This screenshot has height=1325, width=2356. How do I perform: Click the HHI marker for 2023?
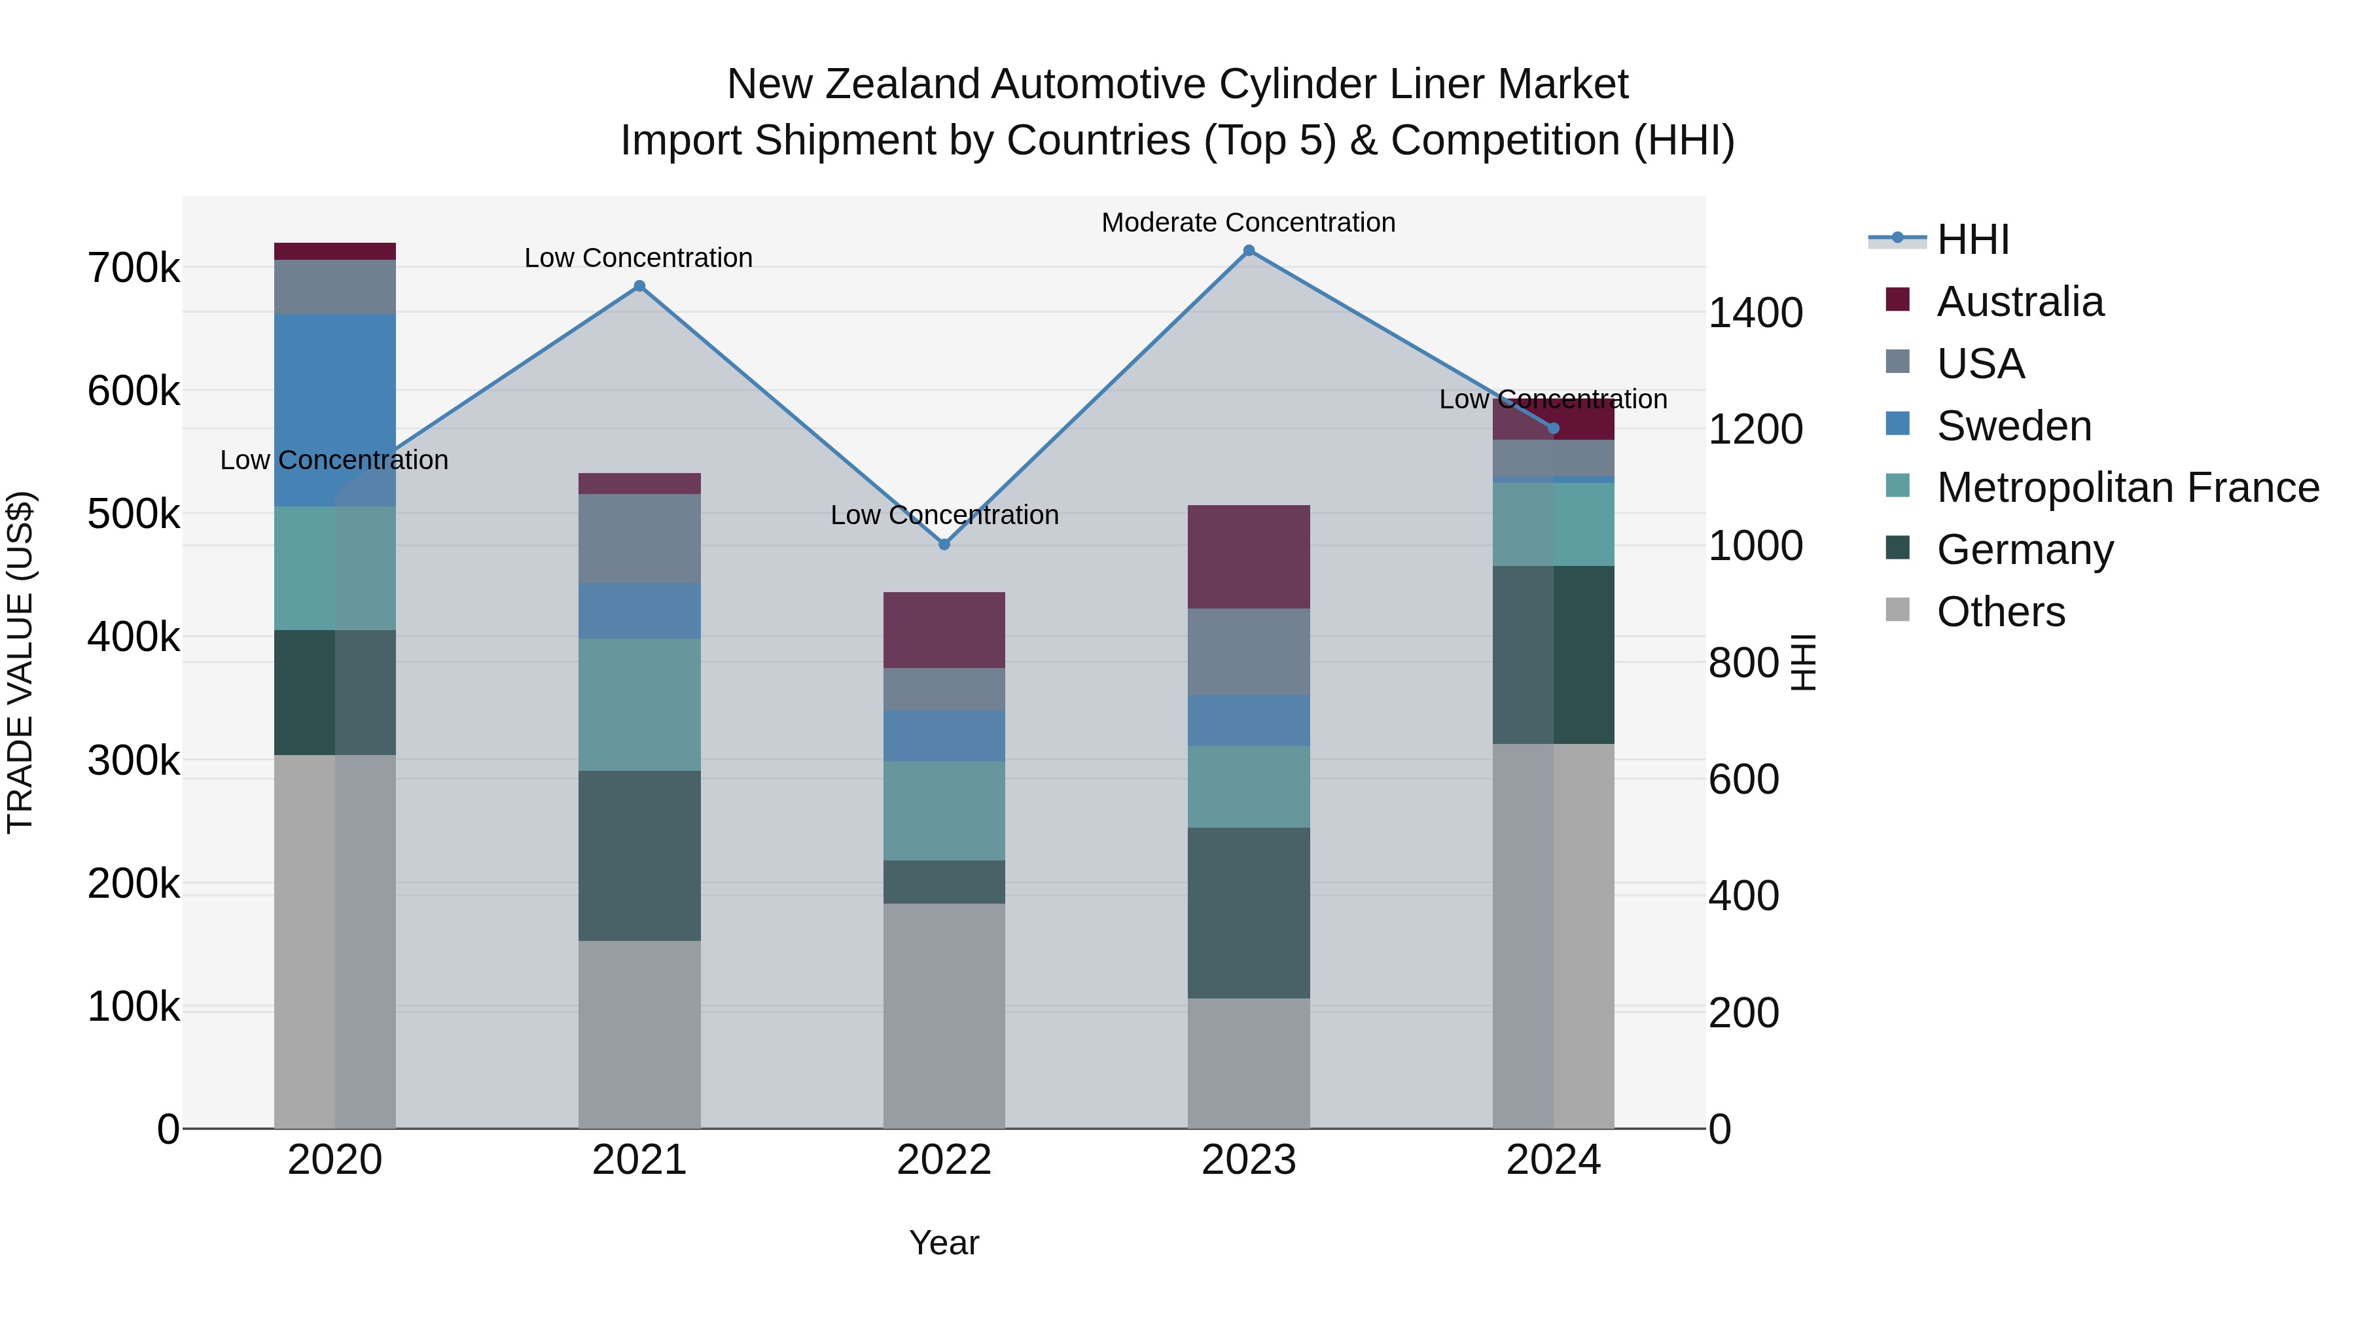(1249, 251)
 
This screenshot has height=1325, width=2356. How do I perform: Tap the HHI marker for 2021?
(639, 286)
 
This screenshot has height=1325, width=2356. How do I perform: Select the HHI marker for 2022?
(944, 544)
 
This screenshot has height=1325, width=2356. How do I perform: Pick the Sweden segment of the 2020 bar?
(334, 410)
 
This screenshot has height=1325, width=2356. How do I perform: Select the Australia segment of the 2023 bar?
(1249, 556)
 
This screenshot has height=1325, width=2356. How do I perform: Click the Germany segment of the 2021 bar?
(639, 855)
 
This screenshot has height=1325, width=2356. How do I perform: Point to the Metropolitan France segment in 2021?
(639, 704)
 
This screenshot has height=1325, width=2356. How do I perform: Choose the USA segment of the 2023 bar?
(1249, 651)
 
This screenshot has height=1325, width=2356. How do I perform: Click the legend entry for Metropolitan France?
(2128, 487)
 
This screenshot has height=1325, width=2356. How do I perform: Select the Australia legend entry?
(2020, 302)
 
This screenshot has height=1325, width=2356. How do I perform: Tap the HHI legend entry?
(1972, 239)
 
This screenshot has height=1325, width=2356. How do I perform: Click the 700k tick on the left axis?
(134, 269)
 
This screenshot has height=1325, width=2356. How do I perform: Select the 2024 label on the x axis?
(1553, 1160)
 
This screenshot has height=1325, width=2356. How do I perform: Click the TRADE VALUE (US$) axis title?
(20, 662)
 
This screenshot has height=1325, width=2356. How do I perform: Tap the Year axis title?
(944, 1243)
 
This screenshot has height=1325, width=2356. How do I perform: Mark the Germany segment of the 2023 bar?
(1249, 913)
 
